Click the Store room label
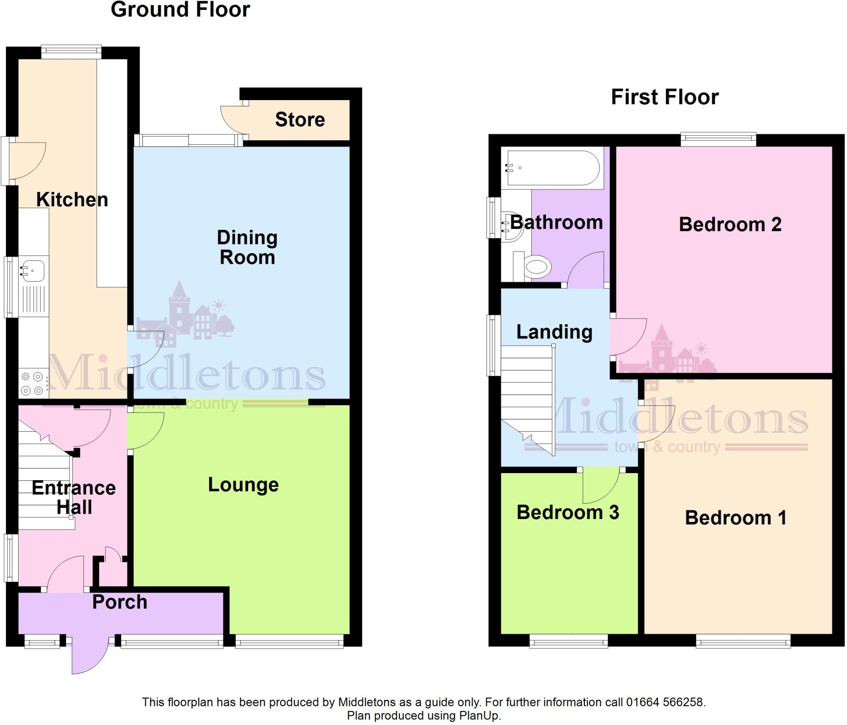click(x=300, y=120)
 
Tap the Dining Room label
click(x=247, y=247)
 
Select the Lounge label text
click(x=243, y=485)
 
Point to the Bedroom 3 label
click(x=567, y=512)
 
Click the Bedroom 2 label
click(x=730, y=225)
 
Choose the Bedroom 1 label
click(x=735, y=518)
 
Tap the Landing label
click(x=554, y=332)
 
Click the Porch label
click(x=120, y=602)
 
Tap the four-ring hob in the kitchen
click(x=33, y=383)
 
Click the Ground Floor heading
click(x=180, y=10)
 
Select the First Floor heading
click(x=665, y=97)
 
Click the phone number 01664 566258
click(x=665, y=702)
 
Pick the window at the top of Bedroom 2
click(x=718, y=139)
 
